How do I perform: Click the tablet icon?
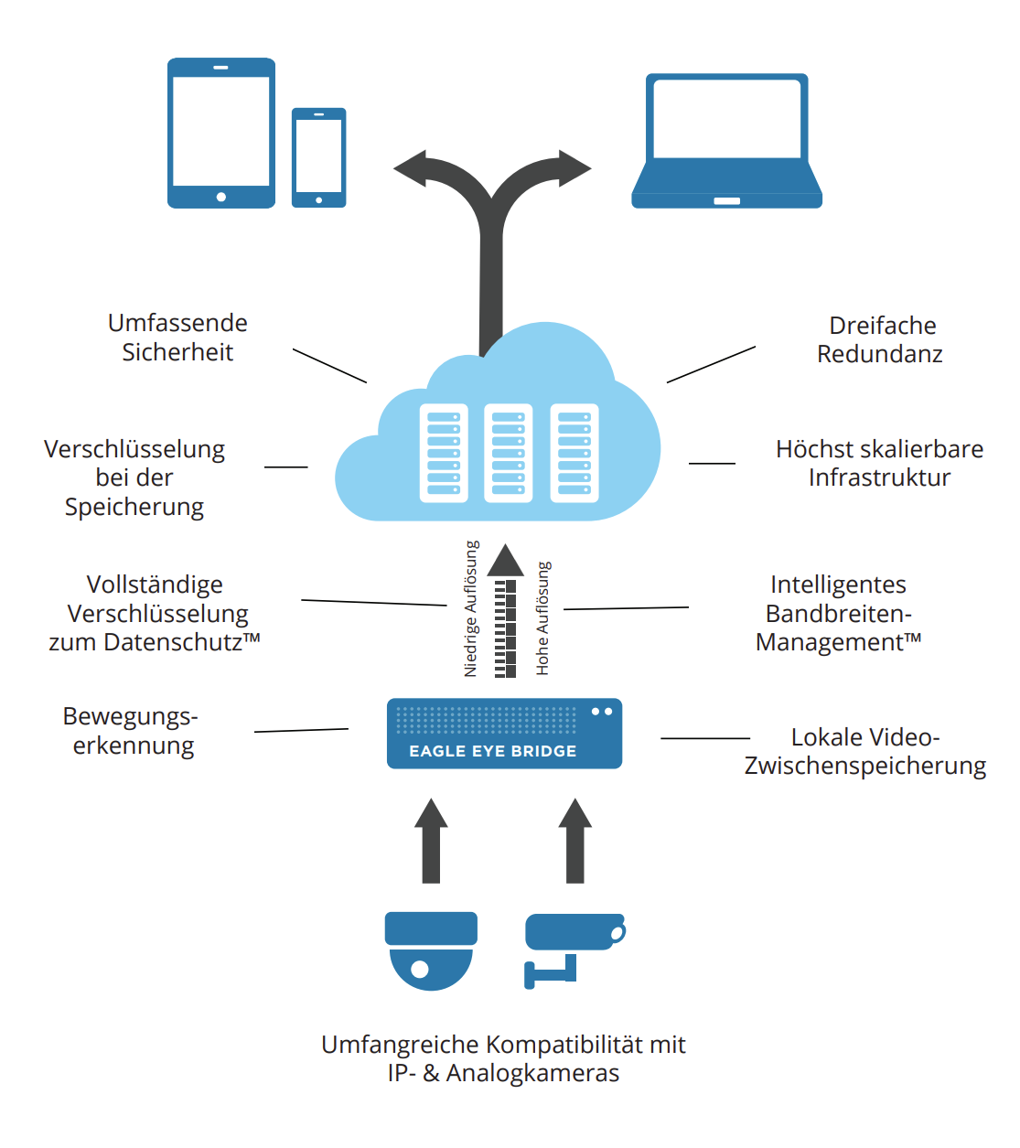tap(221, 133)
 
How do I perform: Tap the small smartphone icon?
tap(318, 157)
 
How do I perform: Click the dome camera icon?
tap(431, 950)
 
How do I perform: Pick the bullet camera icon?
tap(573, 947)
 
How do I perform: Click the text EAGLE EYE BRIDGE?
tap(493, 751)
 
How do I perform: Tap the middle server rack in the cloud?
tap(508, 453)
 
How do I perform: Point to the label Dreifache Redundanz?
tap(879, 339)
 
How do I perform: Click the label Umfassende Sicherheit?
tap(177, 338)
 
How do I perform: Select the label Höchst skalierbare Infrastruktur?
tap(879, 463)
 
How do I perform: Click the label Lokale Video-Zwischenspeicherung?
tap(864, 751)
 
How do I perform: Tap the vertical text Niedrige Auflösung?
tap(471, 608)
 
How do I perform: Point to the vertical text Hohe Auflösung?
tap(542, 618)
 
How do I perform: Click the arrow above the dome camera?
tap(431, 840)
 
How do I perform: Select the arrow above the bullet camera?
tap(574, 840)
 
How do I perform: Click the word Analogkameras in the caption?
tap(532, 1073)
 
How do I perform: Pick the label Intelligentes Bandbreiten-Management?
tap(838, 613)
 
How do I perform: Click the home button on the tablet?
tap(221, 197)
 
